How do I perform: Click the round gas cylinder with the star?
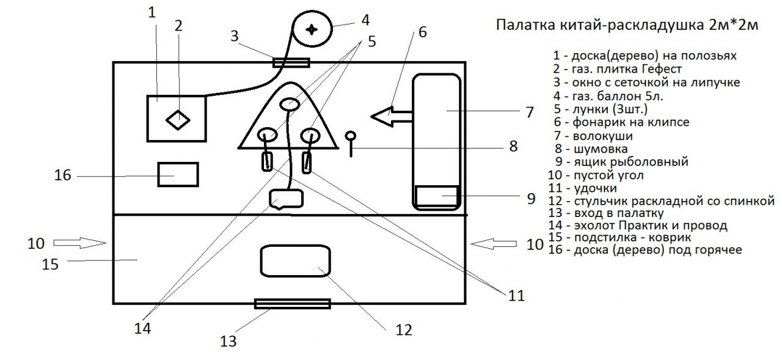pos(312,29)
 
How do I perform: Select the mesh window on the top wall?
pos(291,62)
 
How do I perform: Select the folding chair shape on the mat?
pos(296,261)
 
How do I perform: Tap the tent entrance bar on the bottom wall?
pos(292,304)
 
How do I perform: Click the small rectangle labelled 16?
pos(178,175)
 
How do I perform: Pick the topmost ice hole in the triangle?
pos(289,106)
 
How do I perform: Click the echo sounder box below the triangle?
pos(286,199)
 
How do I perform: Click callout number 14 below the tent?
pos(143,328)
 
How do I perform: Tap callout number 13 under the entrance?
pos(227,340)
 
